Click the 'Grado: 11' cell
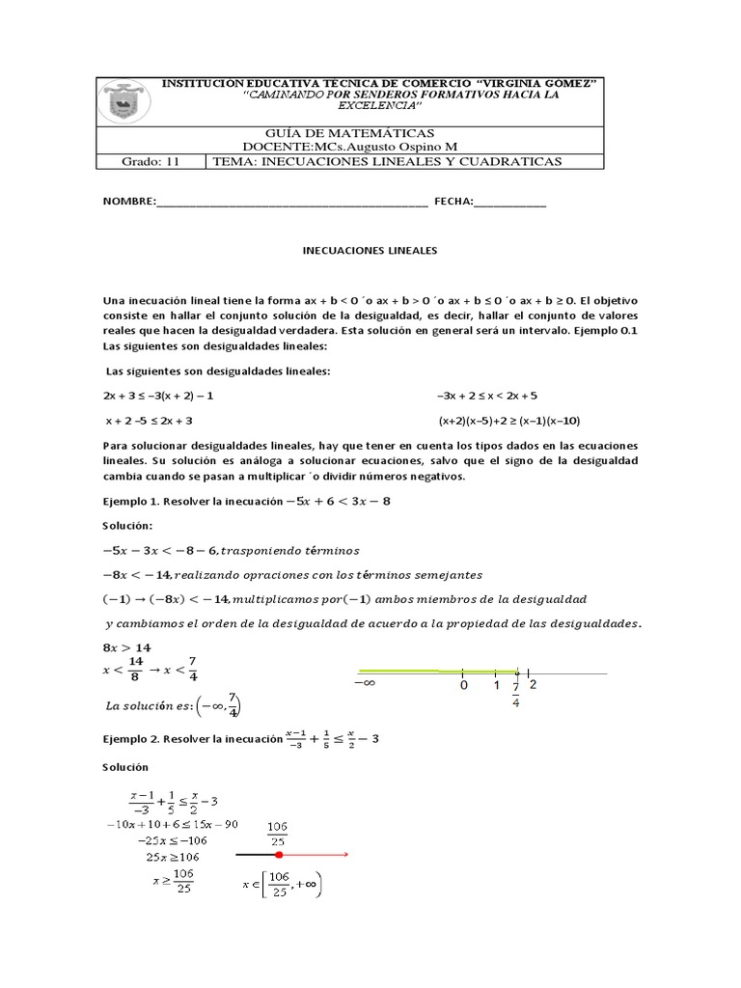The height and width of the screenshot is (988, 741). coord(151,162)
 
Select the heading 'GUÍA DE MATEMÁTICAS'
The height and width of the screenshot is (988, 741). coord(348,132)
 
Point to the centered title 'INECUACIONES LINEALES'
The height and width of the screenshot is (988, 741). coord(370,250)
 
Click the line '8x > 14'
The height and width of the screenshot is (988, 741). coord(127,647)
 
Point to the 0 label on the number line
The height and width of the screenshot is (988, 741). coord(463,686)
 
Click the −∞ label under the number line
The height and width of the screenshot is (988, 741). coord(364,684)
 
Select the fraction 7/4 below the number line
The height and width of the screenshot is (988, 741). coord(516,695)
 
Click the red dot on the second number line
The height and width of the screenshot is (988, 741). coord(278,855)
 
